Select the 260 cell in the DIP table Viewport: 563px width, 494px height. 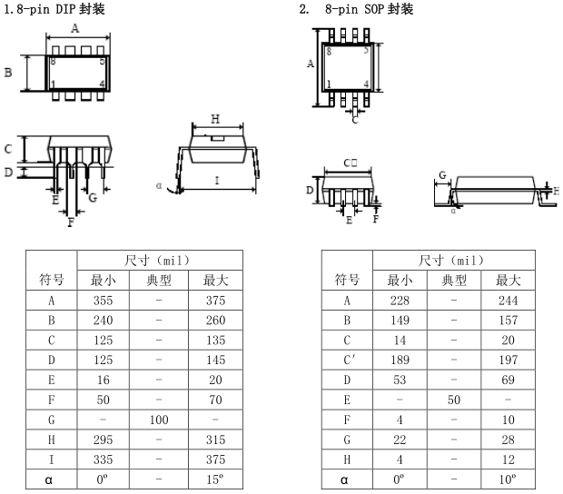point(215,321)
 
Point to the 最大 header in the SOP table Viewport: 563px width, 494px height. point(509,279)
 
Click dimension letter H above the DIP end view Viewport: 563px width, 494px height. point(215,119)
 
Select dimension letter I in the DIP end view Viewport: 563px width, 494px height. point(216,181)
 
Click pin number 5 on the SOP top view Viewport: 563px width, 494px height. point(366,51)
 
